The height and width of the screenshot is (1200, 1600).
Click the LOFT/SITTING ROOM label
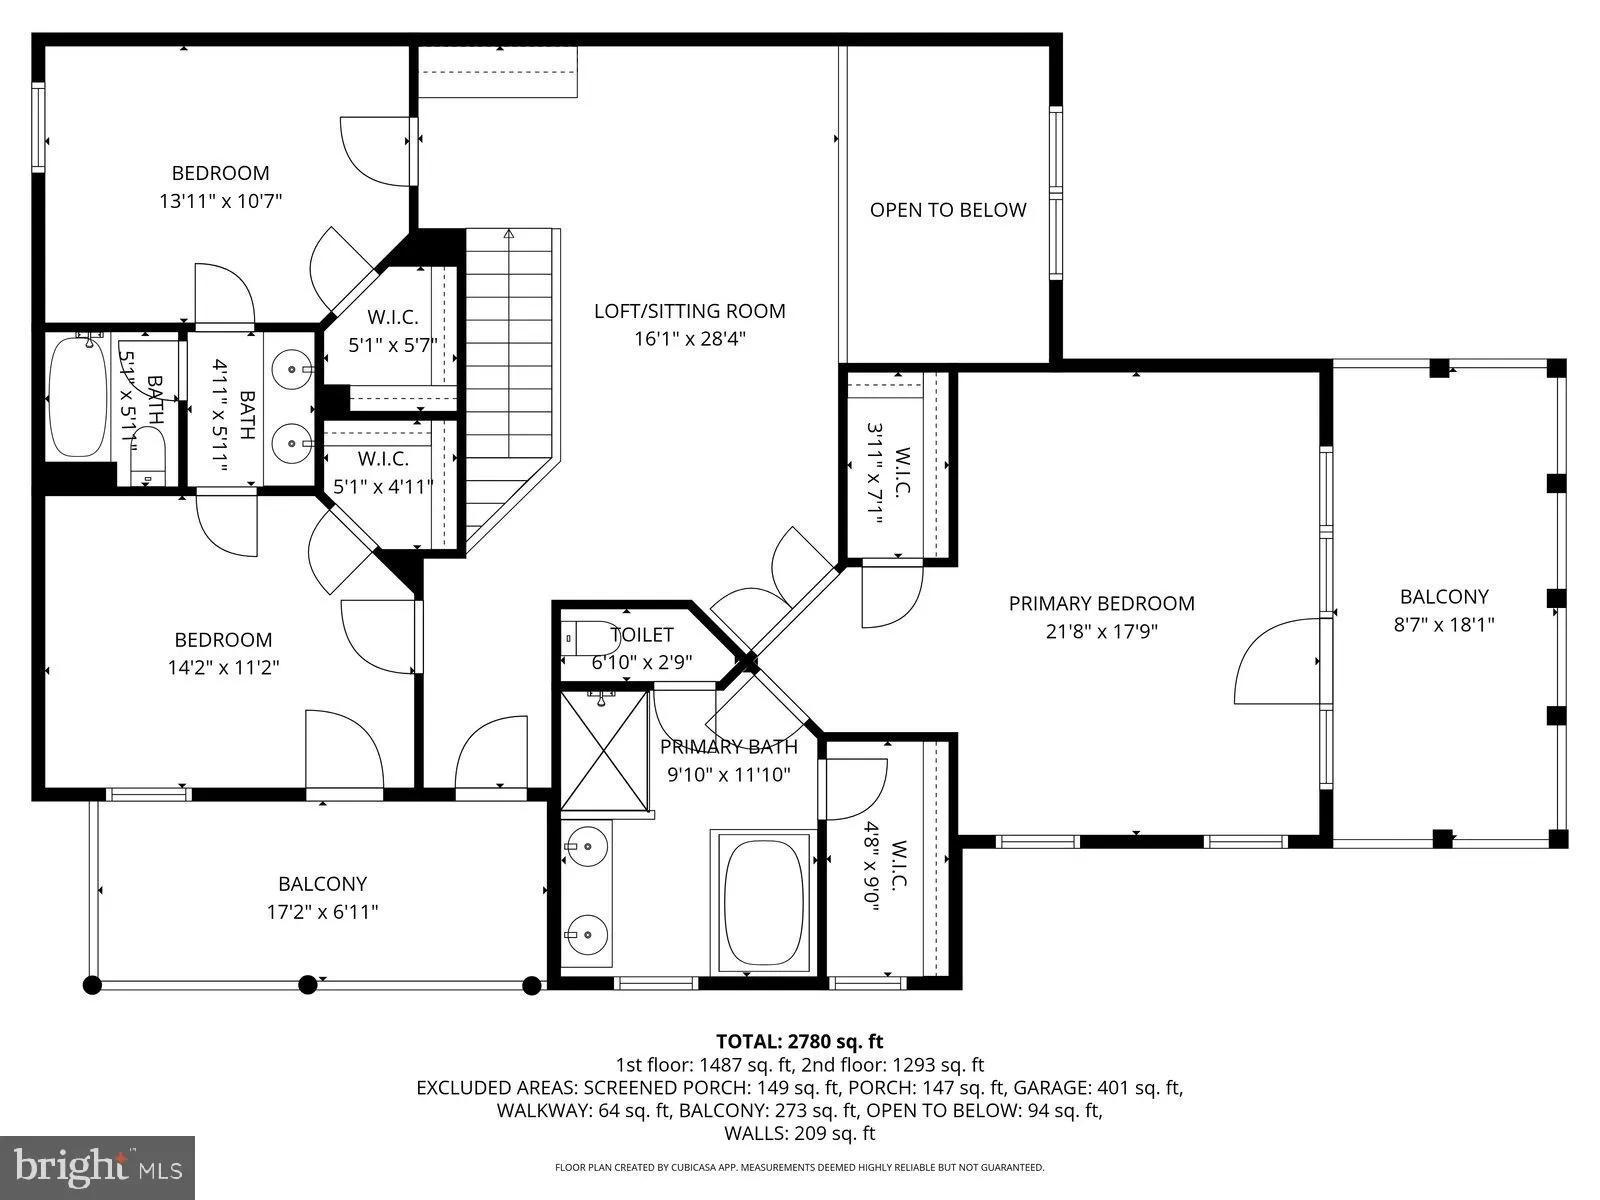[689, 311]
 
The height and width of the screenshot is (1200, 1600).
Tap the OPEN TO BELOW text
[947, 210]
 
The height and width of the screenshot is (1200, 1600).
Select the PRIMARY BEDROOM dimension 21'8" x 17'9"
[1101, 631]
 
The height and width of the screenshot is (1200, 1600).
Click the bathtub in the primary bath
[764, 900]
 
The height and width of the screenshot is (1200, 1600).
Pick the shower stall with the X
[605, 748]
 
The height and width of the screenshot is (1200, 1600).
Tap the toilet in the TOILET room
[590, 637]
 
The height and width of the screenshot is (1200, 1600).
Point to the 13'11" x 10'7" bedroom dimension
[220, 201]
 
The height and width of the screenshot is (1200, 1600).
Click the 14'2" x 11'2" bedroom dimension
[223, 667]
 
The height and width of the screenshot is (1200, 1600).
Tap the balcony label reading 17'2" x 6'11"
[322, 911]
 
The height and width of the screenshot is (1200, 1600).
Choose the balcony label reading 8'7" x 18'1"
[1444, 624]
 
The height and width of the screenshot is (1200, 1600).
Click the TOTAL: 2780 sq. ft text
[799, 1041]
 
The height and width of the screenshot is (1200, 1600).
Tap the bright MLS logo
[97, 1166]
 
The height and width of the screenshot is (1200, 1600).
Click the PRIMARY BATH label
[729, 747]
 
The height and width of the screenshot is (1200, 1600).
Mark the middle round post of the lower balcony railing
[309, 984]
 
